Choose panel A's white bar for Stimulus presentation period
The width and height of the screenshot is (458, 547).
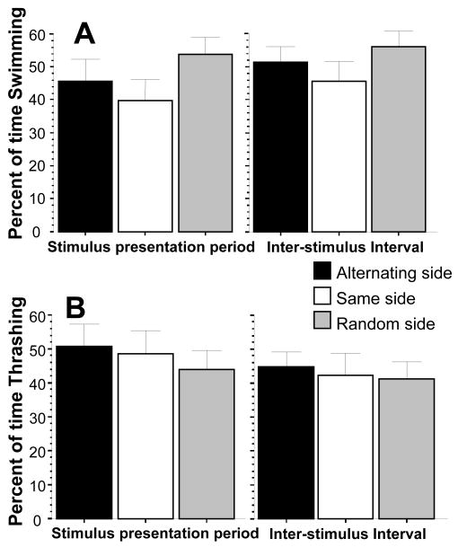click(x=145, y=165)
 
